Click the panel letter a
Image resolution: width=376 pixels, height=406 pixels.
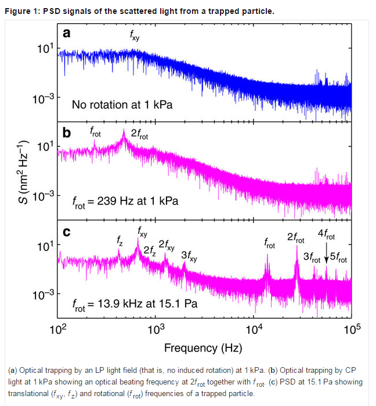[67, 34]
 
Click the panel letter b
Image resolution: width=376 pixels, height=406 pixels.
[67, 132]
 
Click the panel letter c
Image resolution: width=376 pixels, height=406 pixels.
[67, 232]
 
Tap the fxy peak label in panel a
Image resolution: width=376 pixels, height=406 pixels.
[135, 35]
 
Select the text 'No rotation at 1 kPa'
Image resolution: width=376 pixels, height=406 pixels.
[122, 105]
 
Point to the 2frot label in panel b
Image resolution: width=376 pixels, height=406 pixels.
[139, 134]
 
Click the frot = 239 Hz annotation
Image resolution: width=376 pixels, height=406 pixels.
[125, 202]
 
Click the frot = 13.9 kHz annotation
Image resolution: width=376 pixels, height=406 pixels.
[135, 304]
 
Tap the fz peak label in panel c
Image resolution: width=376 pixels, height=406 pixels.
[120, 241]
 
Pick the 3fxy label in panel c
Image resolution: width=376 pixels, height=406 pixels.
[189, 256]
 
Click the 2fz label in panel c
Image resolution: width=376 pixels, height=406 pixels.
[150, 251]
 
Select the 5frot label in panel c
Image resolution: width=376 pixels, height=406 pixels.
[338, 258]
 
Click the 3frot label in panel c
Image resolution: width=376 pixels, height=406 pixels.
[312, 258]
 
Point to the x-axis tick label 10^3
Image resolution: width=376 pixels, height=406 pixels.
[156, 329]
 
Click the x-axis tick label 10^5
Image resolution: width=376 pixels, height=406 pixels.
[352, 329]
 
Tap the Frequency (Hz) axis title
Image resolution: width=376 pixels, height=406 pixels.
[203, 348]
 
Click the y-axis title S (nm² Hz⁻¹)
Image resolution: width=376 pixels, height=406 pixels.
[23, 172]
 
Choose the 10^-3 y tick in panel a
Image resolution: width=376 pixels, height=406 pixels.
[44, 99]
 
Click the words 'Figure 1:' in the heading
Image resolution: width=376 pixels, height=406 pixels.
[21, 11]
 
